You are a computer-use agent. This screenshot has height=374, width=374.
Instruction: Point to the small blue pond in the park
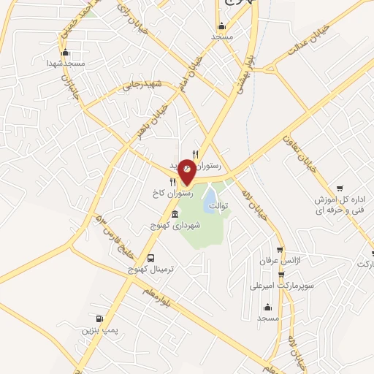point(209,198)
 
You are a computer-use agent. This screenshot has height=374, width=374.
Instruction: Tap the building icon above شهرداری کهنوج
point(175,215)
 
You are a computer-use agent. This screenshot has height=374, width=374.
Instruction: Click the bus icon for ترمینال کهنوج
point(151,258)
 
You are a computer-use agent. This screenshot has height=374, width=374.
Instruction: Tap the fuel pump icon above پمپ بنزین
point(98,318)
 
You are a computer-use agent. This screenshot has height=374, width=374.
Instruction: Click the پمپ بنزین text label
point(99,331)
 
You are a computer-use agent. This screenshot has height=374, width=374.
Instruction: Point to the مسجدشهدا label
point(65,64)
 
